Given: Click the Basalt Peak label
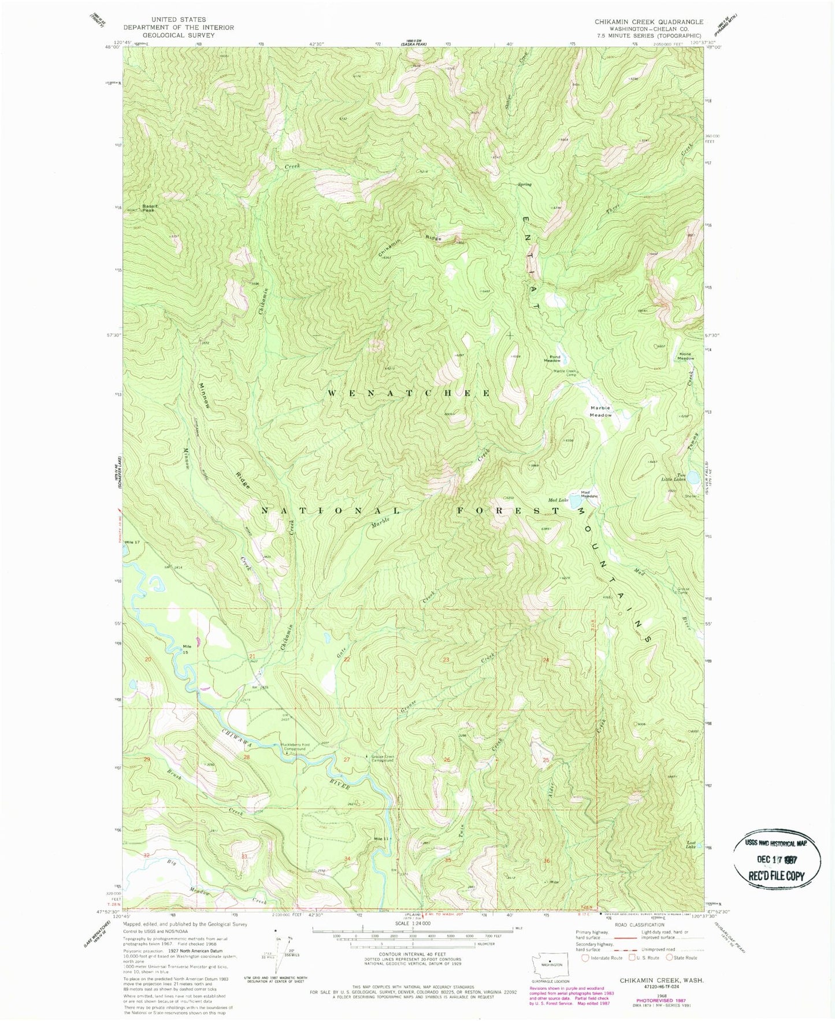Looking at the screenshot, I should click(150, 207).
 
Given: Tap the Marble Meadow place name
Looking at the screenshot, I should click(600, 411).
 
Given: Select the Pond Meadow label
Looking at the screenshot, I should click(555, 358).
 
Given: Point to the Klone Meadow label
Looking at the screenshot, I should click(686, 356).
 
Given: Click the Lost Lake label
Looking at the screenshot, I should click(691, 844).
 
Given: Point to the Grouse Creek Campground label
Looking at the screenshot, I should click(382, 758).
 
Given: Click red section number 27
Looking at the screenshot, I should click(347, 759).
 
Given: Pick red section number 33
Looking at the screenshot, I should click(244, 856).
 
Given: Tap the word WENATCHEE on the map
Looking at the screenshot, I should click(409, 393).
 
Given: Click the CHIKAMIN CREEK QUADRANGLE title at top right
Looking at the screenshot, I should click(649, 22).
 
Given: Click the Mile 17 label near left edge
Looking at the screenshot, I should click(132, 543).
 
